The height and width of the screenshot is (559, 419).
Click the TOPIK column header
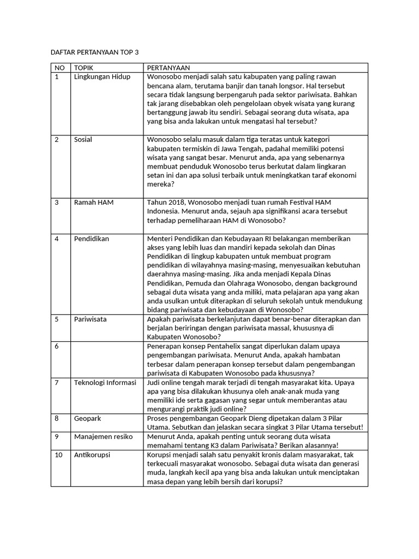coord(83,68)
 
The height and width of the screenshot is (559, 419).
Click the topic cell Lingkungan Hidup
coord(102,77)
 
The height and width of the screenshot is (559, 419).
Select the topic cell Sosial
coord(83,140)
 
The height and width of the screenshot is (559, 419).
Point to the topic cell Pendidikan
coord(91,239)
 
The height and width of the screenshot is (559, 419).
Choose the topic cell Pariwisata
coord(90,319)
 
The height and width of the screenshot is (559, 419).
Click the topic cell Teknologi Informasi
coord(105,383)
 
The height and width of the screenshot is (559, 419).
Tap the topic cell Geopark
coord(87,418)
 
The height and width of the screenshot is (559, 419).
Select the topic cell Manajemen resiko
coord(104,437)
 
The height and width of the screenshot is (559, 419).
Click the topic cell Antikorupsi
coord(92,455)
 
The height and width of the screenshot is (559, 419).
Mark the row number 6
coord(57,346)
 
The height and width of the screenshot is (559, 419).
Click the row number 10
coord(58,455)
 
